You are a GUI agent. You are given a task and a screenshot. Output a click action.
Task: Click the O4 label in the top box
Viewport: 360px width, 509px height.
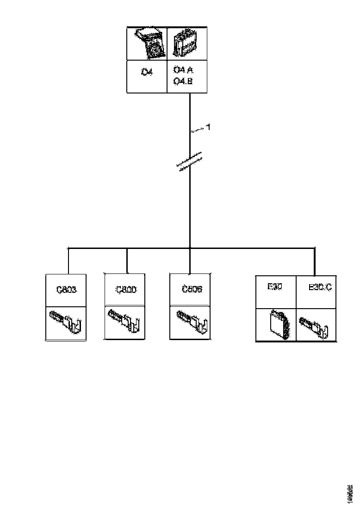click(x=147, y=72)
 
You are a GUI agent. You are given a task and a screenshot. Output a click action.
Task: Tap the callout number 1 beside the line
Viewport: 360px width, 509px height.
click(x=208, y=127)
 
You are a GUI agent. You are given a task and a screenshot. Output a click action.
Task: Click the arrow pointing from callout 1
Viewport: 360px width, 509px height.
click(x=199, y=131)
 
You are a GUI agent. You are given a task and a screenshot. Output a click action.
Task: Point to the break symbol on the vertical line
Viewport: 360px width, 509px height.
click(x=190, y=161)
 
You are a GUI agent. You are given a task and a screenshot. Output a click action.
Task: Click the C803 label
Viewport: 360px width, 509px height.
click(x=66, y=290)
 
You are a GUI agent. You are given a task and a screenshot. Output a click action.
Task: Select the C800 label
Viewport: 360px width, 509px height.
click(x=125, y=290)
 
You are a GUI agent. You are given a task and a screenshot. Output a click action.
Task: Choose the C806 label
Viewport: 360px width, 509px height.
click(x=190, y=290)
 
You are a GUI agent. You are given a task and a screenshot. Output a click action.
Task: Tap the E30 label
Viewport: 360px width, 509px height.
click(x=275, y=287)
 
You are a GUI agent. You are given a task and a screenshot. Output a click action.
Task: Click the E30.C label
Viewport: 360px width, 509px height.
click(x=320, y=287)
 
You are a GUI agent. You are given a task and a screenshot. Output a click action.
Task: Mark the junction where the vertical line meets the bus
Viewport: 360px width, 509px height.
click(x=190, y=248)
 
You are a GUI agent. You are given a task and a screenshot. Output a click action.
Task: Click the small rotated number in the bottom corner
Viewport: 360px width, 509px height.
click(x=350, y=493)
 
